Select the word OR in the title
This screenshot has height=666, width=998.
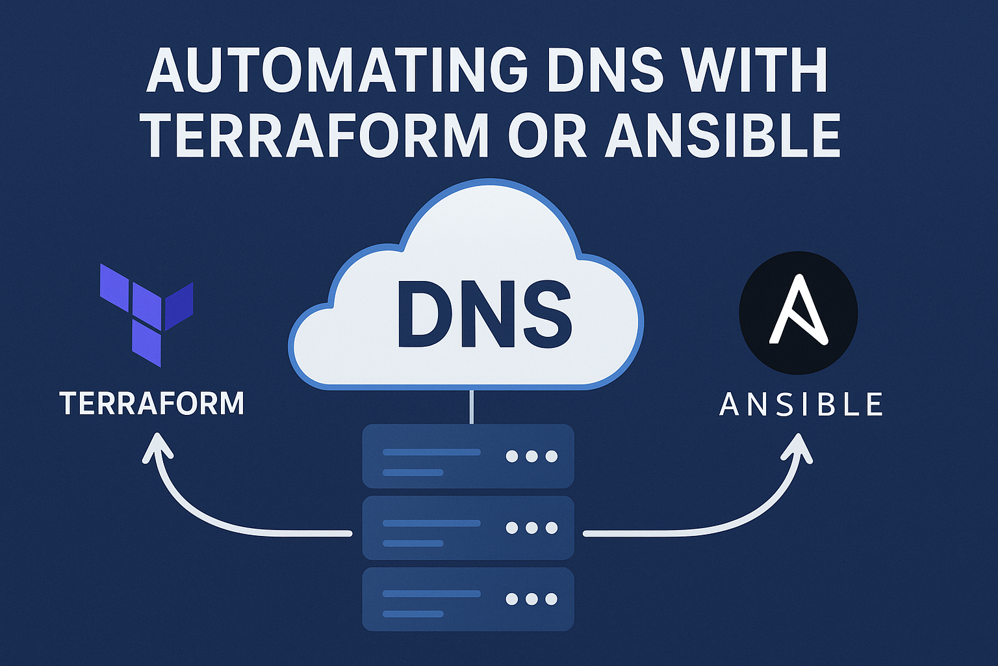[x=547, y=135]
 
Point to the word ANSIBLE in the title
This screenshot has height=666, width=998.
[x=723, y=135]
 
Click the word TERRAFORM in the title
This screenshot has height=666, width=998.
[x=314, y=135]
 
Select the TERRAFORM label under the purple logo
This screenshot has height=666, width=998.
[x=152, y=404]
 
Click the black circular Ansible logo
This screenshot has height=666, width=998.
[x=798, y=313]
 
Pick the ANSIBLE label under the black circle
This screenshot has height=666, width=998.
[x=801, y=405]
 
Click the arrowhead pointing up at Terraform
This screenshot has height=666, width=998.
[x=158, y=447]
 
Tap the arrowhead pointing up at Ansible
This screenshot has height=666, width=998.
[x=796, y=447]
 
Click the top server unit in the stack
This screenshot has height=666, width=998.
[x=468, y=456]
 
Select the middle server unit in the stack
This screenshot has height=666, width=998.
[x=468, y=527]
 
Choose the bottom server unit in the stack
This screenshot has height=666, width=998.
[x=468, y=599]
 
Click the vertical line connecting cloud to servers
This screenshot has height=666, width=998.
[x=470, y=406]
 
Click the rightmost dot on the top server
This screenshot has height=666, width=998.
[x=552, y=456]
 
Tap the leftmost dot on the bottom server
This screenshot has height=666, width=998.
[x=512, y=599]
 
